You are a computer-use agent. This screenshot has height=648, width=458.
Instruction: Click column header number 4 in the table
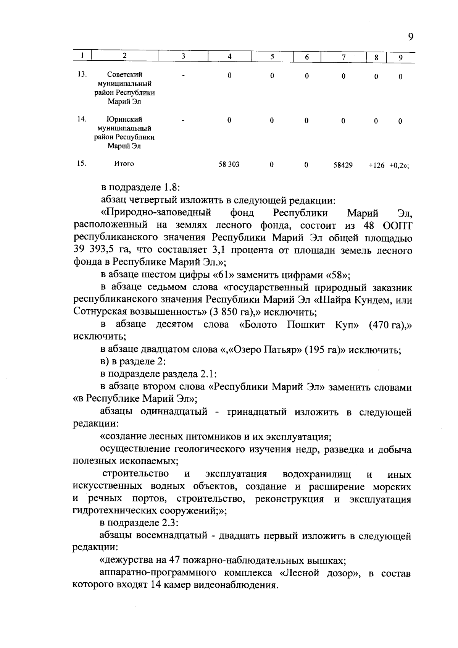pyautogui.click(x=229, y=57)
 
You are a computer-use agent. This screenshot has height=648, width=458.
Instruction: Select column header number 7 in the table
pyautogui.click(x=343, y=57)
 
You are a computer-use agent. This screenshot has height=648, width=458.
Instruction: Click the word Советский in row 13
pyautogui.click(x=124, y=74)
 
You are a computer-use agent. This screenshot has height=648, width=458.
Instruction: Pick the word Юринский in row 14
pyautogui.click(x=124, y=119)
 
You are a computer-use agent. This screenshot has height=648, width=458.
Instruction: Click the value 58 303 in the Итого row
pyautogui.click(x=229, y=165)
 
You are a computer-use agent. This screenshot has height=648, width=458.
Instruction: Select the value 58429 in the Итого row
pyautogui.click(x=343, y=165)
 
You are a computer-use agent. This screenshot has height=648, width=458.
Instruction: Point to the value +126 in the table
pyautogui.click(x=376, y=165)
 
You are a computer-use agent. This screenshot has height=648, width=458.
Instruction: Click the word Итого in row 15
pyautogui.click(x=124, y=164)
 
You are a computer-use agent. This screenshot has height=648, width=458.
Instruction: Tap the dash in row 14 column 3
pyautogui.click(x=184, y=121)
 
